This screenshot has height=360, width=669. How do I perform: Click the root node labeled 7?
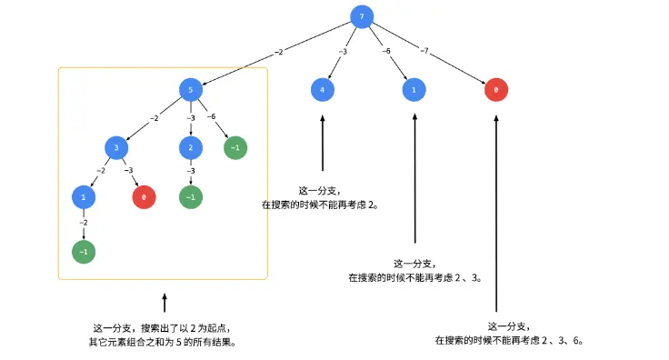pos(362,17)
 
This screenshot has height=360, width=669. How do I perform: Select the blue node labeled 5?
pos(190,89)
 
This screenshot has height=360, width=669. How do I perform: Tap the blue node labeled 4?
pos(323,90)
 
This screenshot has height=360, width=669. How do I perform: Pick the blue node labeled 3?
pos(116,147)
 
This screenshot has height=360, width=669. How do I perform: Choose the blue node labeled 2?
pos(191,147)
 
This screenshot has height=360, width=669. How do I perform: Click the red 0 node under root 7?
pos(495,90)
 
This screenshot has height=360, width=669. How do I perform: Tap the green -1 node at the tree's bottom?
pos(84,252)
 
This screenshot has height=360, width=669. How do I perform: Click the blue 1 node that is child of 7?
pos(414,90)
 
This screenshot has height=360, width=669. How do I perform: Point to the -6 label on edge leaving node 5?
pos(211,117)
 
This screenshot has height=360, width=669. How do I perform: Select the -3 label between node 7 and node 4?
pos(342,52)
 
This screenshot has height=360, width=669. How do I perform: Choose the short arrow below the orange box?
pos(165,303)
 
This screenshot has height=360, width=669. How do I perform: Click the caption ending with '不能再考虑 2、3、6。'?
pos(508,340)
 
